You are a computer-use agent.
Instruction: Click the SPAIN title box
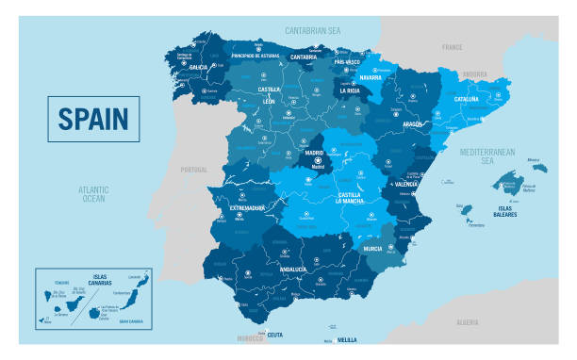pos(93,120)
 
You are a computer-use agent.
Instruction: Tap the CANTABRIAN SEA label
pos(312,30)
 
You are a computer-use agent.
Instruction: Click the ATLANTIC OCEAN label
pos(94,194)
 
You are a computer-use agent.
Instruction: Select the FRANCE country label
pos(453,46)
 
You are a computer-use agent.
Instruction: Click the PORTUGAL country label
pos(192,170)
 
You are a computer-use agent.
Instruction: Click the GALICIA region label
pos(198,68)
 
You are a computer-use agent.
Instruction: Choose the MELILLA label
pos(348,339)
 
